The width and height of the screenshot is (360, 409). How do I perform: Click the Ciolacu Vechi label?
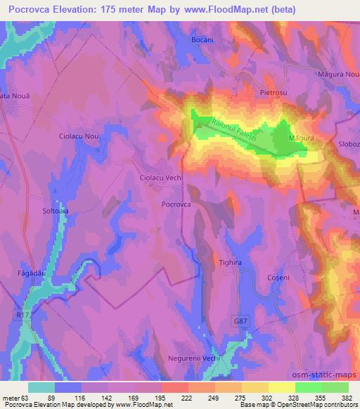pyautogui.click(x=161, y=178)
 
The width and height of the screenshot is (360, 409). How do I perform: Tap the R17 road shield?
pyautogui.click(x=24, y=316)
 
